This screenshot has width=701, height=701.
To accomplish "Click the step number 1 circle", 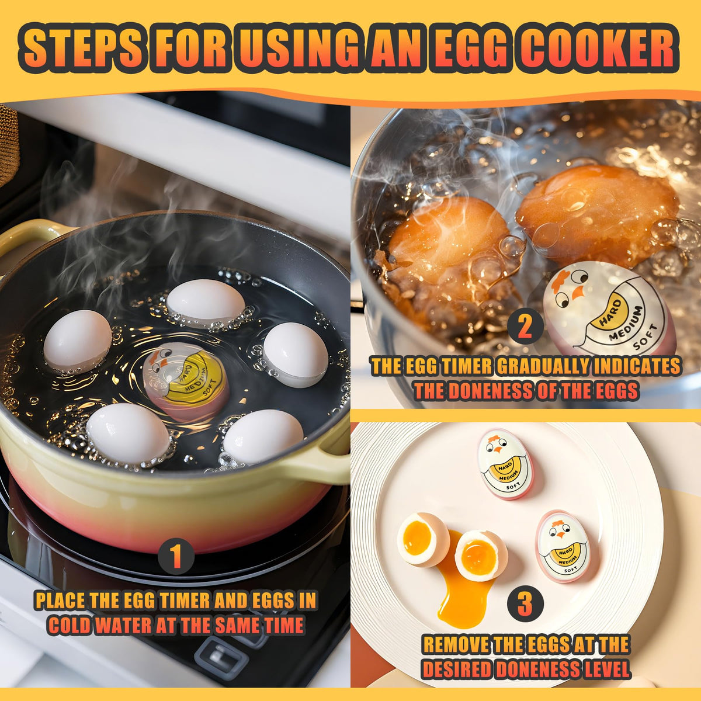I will pyautogui.click(x=176, y=557).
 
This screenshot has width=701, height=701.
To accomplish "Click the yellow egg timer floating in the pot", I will pyautogui.click(x=185, y=382).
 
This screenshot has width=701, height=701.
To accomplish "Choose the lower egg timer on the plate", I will pyautogui.click(x=563, y=546).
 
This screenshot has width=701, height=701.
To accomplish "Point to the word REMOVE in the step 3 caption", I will pyautogui.click(x=456, y=645).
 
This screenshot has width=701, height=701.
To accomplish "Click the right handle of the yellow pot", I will pyautogui.click(x=324, y=461).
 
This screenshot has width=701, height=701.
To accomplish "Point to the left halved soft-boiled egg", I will pyautogui.click(x=422, y=539).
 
